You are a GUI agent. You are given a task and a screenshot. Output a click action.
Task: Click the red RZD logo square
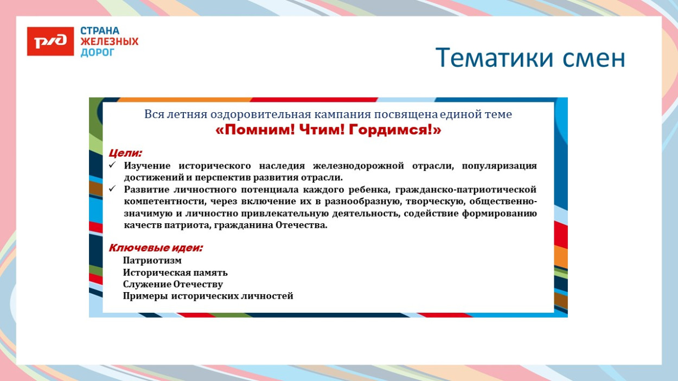[x=50, y=41]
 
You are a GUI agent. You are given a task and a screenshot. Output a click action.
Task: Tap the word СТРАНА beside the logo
[x=100, y=31]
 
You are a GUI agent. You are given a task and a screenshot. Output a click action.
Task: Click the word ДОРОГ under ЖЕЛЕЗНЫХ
[x=98, y=53]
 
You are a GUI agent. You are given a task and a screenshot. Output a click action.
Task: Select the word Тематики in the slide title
[x=493, y=58]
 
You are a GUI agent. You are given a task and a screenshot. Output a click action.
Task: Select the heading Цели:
[x=125, y=153]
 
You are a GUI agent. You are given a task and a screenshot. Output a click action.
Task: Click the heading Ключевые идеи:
[x=156, y=248]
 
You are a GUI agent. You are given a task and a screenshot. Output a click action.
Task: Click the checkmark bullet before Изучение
[x=112, y=165]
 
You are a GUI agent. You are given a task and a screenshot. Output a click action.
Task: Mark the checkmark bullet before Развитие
[x=112, y=189]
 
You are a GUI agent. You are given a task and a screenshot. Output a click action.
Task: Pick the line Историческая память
[x=175, y=272]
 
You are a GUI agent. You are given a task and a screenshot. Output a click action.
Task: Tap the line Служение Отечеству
[x=172, y=284]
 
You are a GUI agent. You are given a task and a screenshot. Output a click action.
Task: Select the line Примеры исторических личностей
[x=208, y=296]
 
